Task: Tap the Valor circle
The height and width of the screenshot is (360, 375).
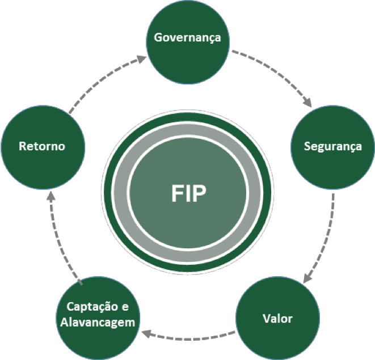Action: point(277,318)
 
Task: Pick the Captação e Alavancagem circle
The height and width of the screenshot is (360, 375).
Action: point(98,315)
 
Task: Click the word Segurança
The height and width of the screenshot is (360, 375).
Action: point(332,146)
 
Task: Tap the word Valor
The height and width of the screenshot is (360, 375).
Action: point(277,318)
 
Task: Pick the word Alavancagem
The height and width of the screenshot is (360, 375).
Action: point(98,323)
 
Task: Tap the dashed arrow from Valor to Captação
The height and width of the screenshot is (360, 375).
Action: point(187,334)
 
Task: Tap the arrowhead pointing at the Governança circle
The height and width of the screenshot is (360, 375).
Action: point(142,58)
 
